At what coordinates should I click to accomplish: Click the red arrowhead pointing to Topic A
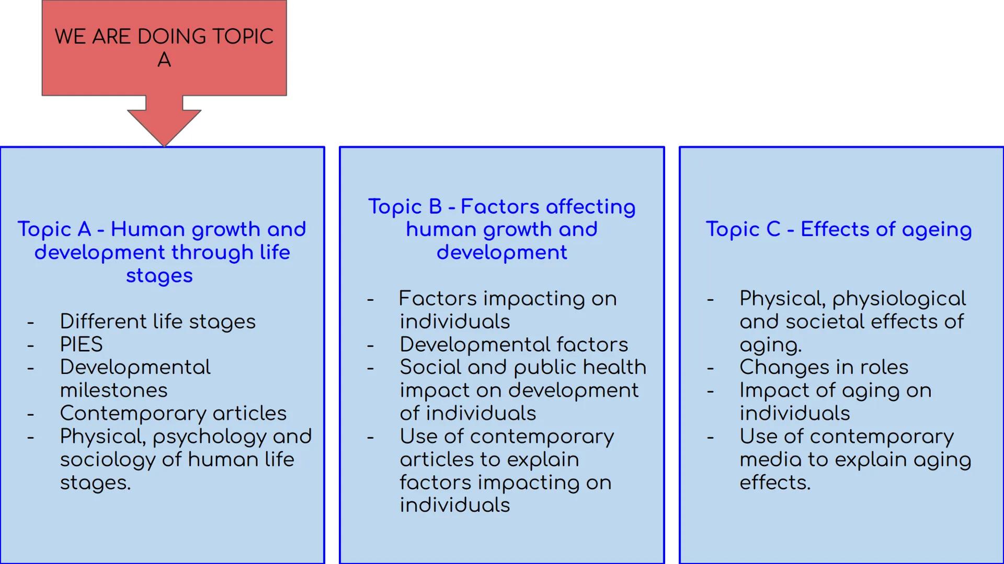164,125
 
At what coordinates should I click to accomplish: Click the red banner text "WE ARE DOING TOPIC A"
164,48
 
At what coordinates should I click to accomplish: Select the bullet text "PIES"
81,345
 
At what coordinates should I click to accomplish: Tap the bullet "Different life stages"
157,322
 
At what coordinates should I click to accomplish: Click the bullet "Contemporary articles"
173,414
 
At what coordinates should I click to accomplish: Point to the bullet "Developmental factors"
514,345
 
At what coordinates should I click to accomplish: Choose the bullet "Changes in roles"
824,368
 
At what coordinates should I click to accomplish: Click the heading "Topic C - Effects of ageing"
839,229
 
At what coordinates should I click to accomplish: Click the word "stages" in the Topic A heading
159,276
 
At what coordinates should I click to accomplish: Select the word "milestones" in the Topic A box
113,391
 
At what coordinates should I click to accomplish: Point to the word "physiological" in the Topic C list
899,299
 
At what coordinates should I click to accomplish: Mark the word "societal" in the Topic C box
825,322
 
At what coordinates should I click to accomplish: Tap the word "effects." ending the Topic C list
775,483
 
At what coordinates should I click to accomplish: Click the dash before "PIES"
31,345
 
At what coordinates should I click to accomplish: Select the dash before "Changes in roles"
710,368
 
